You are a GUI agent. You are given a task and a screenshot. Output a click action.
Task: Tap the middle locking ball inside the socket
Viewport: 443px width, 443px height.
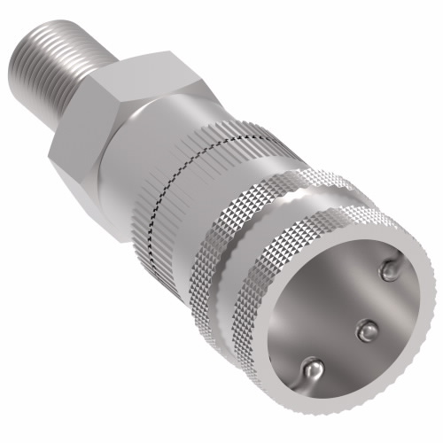point(364,330)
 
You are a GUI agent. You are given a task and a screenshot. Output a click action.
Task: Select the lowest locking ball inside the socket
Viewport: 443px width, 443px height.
point(311,366)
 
